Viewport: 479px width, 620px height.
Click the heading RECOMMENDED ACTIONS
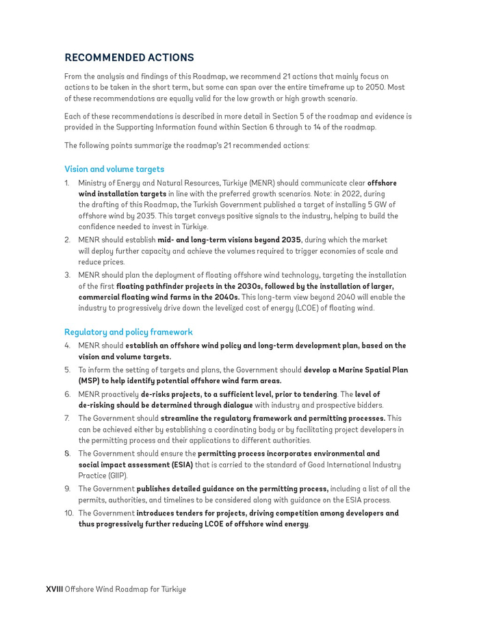coord(129,58)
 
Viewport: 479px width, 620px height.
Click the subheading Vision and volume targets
coord(114,169)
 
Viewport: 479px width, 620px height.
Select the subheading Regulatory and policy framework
coord(129,332)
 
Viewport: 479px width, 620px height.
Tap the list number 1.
coord(67,183)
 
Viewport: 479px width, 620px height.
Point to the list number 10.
coord(68,513)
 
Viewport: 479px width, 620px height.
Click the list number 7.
coord(67,418)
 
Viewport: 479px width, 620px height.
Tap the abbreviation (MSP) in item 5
coord(90,380)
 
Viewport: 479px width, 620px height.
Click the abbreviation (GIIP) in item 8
coord(116,476)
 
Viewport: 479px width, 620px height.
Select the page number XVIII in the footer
coord(55,589)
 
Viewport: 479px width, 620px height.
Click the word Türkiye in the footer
coord(172,589)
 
